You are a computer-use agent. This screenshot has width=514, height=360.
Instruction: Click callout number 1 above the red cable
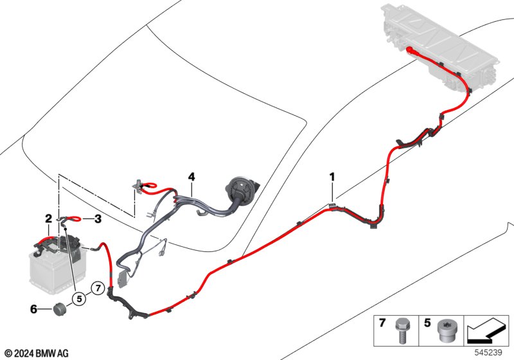tap(332, 175)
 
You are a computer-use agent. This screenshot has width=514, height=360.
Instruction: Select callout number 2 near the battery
tap(48, 219)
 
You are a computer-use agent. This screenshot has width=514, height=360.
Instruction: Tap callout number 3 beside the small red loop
tap(98, 219)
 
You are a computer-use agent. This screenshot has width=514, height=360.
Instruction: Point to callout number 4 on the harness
tap(191, 176)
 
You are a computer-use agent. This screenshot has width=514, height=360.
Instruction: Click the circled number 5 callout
tap(80, 298)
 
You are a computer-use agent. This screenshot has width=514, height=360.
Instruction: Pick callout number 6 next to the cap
tap(33, 309)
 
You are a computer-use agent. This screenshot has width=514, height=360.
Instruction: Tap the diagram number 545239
tap(490, 352)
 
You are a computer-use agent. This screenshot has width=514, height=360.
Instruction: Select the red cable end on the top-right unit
tap(411, 50)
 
